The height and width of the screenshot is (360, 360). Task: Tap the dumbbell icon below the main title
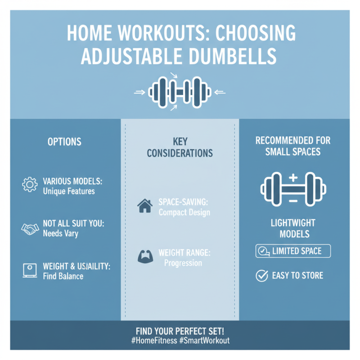[x=180, y=93]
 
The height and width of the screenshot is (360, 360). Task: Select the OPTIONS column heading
[x=64, y=142]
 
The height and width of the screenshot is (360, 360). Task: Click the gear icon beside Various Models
[x=30, y=185]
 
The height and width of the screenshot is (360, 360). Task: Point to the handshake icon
[x=30, y=229]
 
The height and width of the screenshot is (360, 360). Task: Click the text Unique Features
[x=69, y=191]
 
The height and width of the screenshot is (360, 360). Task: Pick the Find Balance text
[x=63, y=276]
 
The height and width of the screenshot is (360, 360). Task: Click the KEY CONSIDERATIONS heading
[x=180, y=147]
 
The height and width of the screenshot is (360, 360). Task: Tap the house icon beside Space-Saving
[x=144, y=207]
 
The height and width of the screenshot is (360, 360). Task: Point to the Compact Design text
[x=184, y=212]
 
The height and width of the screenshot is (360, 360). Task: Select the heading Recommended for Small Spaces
[x=292, y=146]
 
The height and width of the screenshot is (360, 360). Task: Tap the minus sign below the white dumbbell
[x=293, y=201]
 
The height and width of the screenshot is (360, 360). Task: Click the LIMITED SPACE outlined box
[x=293, y=251]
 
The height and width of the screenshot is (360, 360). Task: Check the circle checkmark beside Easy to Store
[x=261, y=275]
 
